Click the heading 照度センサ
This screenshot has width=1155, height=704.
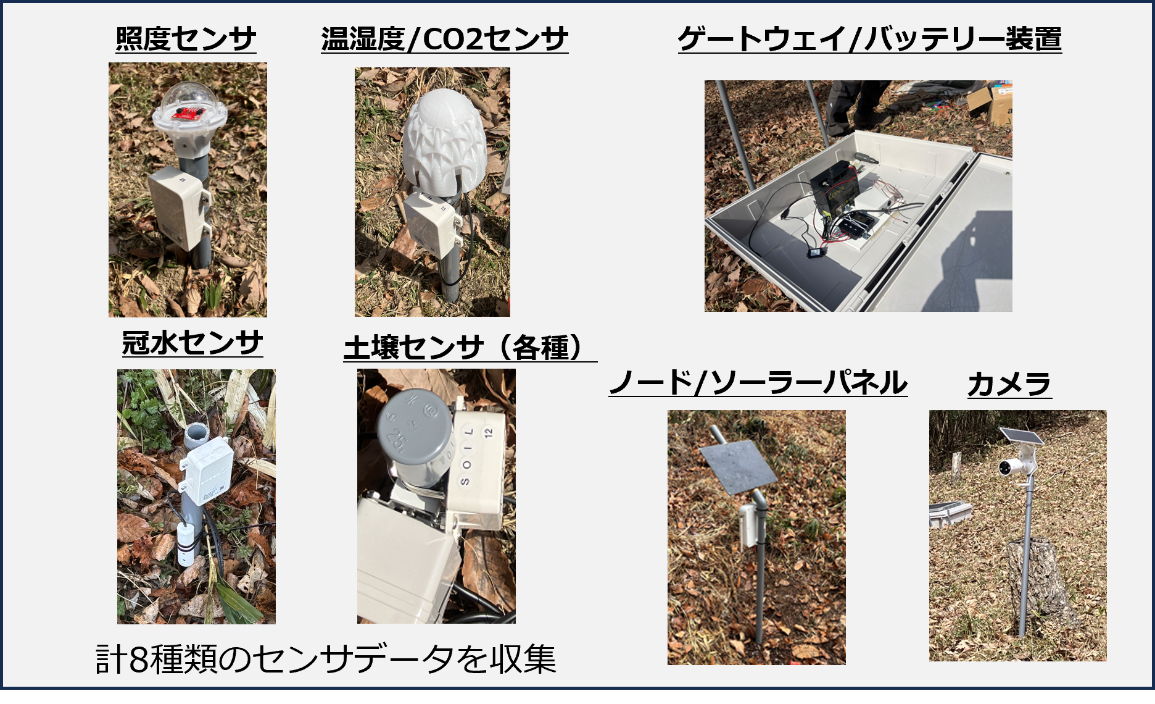pos(186,39)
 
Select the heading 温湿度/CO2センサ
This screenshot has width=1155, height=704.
pos(444,39)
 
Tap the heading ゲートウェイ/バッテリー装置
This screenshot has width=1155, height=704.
pos(869,39)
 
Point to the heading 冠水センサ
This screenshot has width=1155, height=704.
pos(192,343)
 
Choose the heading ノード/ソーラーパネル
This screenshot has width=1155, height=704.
pos(758,382)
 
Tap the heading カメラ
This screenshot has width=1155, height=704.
pos(1009,384)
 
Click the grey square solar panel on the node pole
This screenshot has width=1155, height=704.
pos(738,467)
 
